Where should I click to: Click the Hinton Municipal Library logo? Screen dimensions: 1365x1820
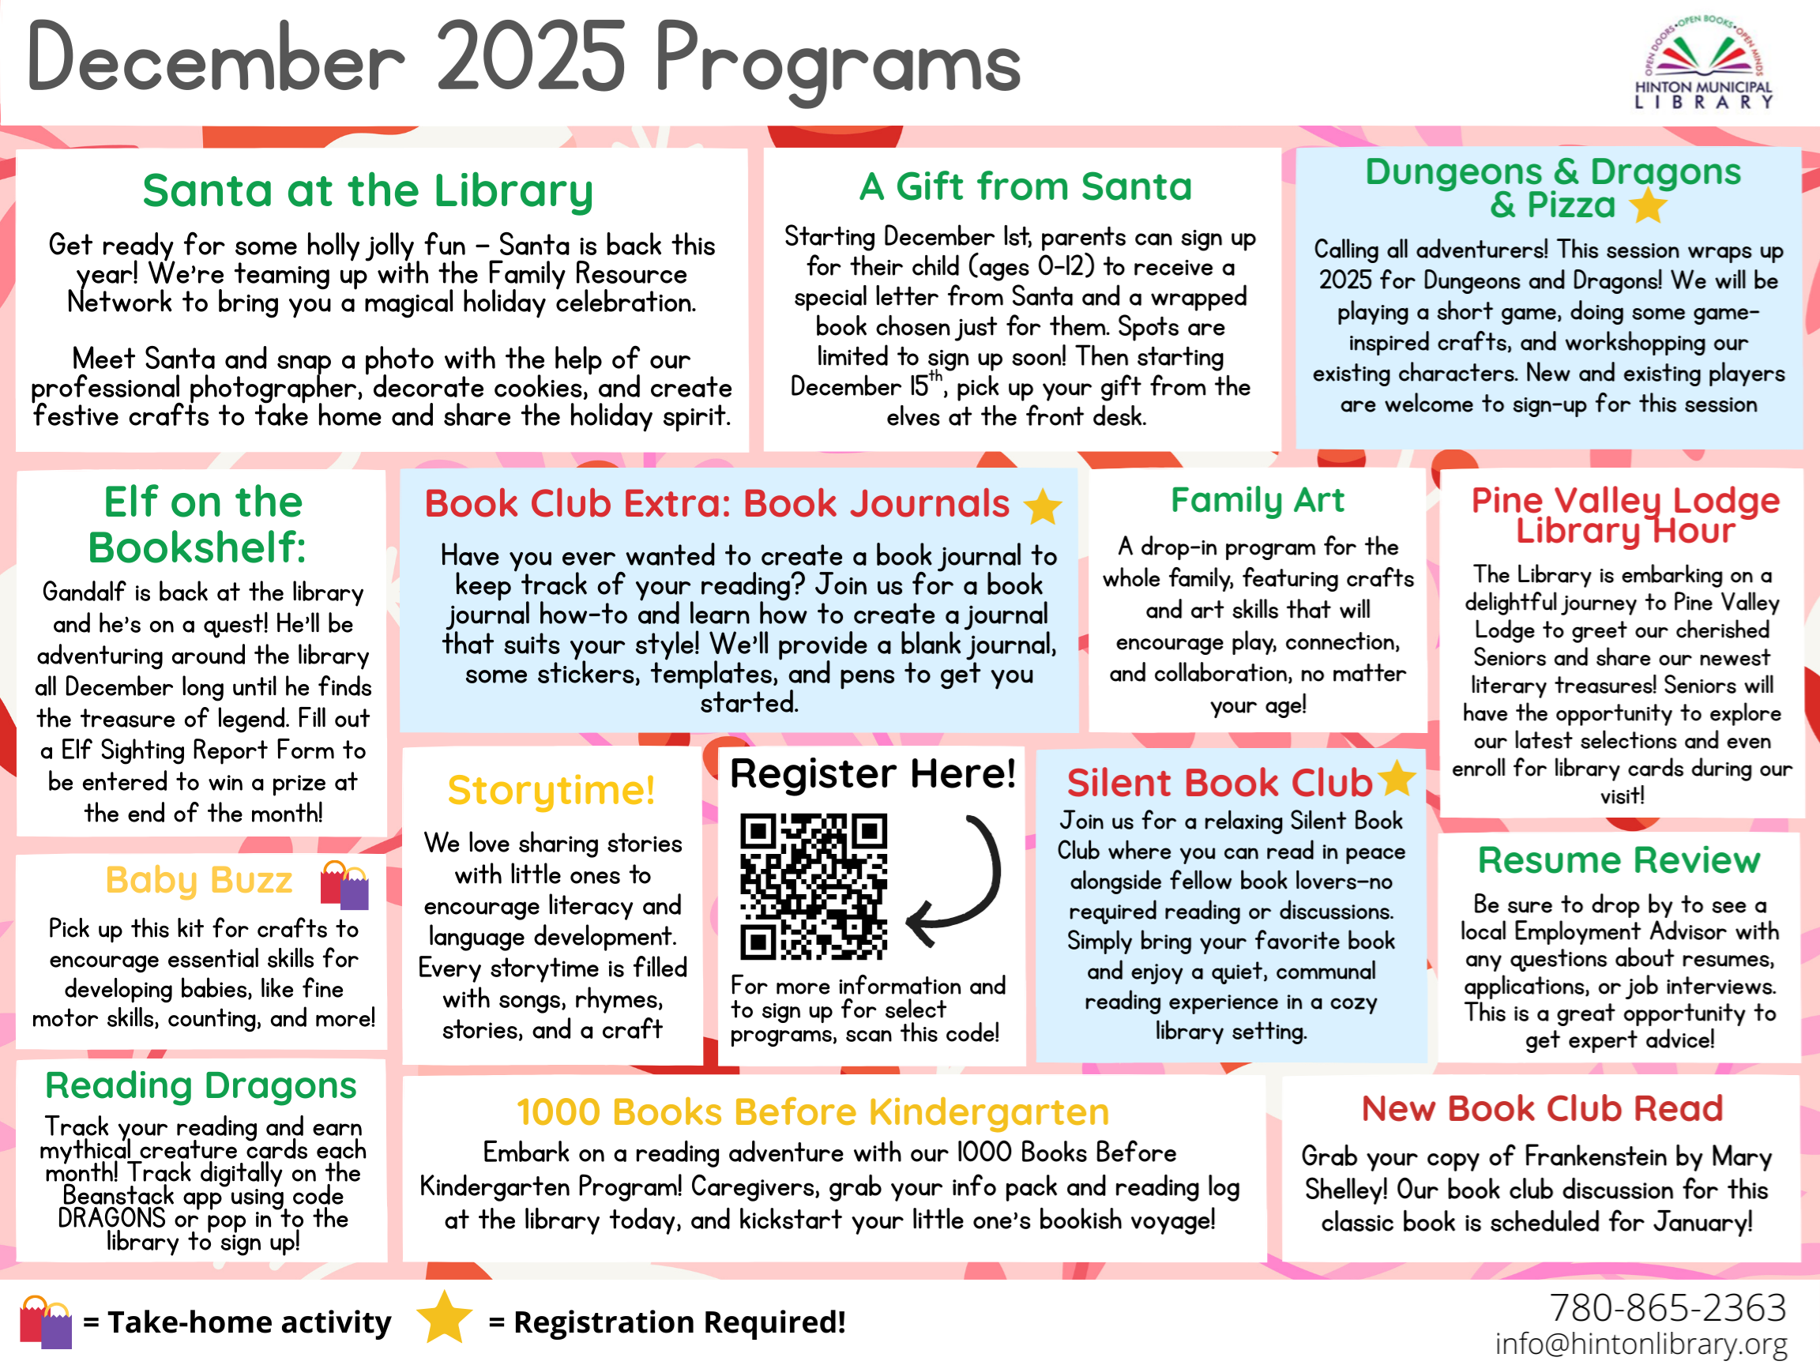click(1702, 64)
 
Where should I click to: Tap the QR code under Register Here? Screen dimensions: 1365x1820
click(813, 886)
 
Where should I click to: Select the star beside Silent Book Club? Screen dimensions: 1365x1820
click(1397, 777)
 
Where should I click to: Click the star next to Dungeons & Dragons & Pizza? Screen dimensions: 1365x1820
click(1649, 205)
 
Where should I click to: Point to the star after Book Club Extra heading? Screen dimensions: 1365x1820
click(1043, 506)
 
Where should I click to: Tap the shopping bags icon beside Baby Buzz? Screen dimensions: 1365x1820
click(344, 884)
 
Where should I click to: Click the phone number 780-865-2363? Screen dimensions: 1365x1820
click(1667, 1307)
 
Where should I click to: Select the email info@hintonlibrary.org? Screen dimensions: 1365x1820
click(1641, 1344)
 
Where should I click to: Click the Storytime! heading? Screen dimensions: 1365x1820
click(551, 790)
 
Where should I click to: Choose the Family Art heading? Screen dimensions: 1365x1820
click(1258, 499)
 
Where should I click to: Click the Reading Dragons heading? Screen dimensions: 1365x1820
click(201, 1085)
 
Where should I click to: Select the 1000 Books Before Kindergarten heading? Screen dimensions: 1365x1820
click(813, 1111)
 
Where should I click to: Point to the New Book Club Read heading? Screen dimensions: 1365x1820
click(1542, 1108)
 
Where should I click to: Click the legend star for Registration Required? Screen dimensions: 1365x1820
click(444, 1318)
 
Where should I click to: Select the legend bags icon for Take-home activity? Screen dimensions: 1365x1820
click(45, 1322)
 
